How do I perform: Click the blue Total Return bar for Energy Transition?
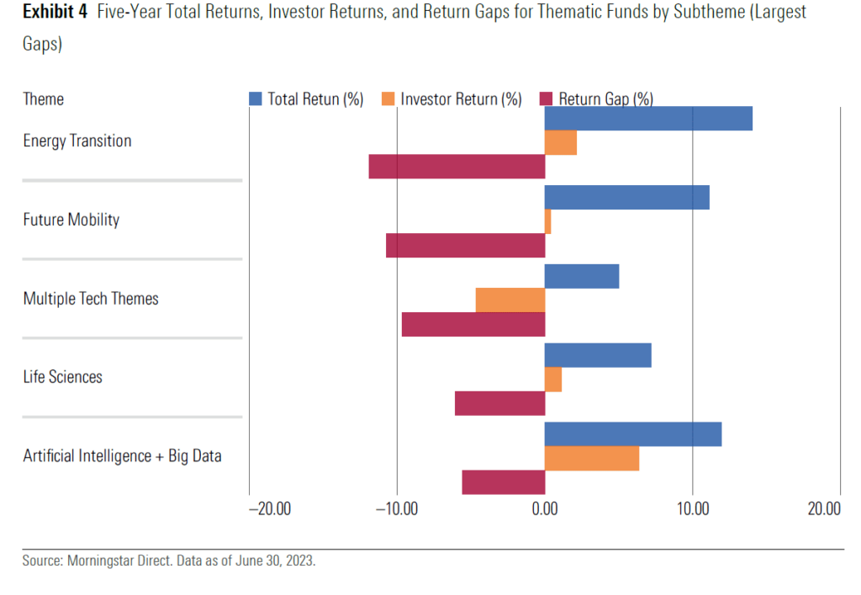pos(647,119)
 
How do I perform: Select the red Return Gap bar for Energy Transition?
pos(457,167)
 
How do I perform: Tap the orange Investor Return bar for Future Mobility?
pos(548,221)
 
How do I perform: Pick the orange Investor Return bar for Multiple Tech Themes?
pos(510,300)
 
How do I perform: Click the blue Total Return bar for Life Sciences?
pos(598,355)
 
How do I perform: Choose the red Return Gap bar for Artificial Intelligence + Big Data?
pos(503,482)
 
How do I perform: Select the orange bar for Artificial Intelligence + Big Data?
pos(591,459)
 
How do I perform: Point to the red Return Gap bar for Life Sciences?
pos(499,403)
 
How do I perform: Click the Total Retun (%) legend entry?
pos(306,99)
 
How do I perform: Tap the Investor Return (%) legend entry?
pos(452,99)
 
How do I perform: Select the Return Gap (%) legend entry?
pos(596,99)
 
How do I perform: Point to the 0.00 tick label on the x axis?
pos(545,509)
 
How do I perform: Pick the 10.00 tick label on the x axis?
pos(692,509)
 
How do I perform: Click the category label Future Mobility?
pos(71,220)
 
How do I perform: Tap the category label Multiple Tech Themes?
pos(91,299)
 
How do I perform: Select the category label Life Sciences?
pos(63,377)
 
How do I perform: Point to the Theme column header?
pos(44,99)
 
